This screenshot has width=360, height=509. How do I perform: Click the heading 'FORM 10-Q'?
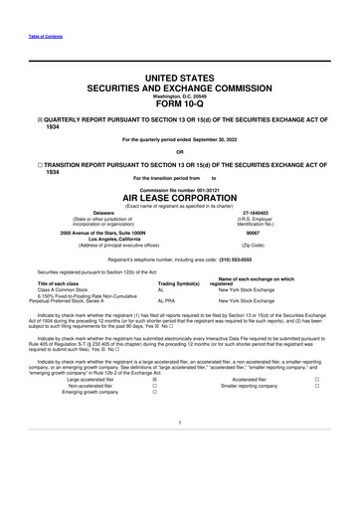point(180,110)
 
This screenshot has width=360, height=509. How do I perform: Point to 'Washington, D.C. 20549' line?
point(180,95)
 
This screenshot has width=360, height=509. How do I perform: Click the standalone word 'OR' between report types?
point(180,153)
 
